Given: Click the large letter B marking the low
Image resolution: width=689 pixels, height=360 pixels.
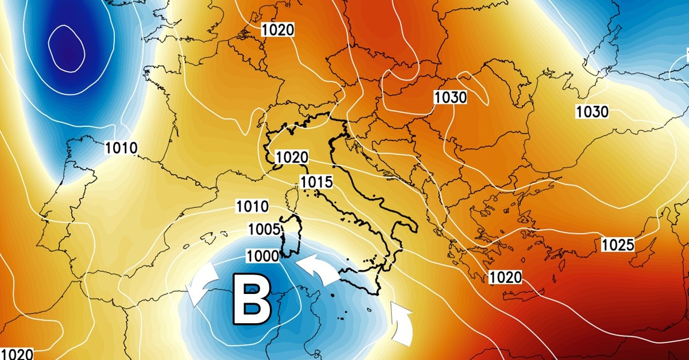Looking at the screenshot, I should click(x=251, y=299).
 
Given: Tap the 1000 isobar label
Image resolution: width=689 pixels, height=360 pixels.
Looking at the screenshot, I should click(x=262, y=256).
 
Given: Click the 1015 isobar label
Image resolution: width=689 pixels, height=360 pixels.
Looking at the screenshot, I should click(x=316, y=183).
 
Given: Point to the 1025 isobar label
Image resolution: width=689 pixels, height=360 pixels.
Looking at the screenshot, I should click(x=618, y=245).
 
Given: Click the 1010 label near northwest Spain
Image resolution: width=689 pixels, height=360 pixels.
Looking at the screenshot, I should click(x=121, y=148).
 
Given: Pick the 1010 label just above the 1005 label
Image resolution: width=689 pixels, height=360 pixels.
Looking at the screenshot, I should click(x=251, y=206).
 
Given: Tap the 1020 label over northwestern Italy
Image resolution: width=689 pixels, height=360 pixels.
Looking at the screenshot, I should click(x=292, y=157).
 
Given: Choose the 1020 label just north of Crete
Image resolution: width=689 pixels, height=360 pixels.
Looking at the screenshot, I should click(x=505, y=278).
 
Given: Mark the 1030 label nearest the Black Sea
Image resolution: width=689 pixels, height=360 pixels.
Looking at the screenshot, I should click(x=592, y=111).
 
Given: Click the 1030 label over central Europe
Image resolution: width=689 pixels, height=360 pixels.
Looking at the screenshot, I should click(x=450, y=98).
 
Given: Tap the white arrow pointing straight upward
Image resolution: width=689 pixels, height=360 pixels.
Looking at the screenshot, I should click(x=402, y=324).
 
